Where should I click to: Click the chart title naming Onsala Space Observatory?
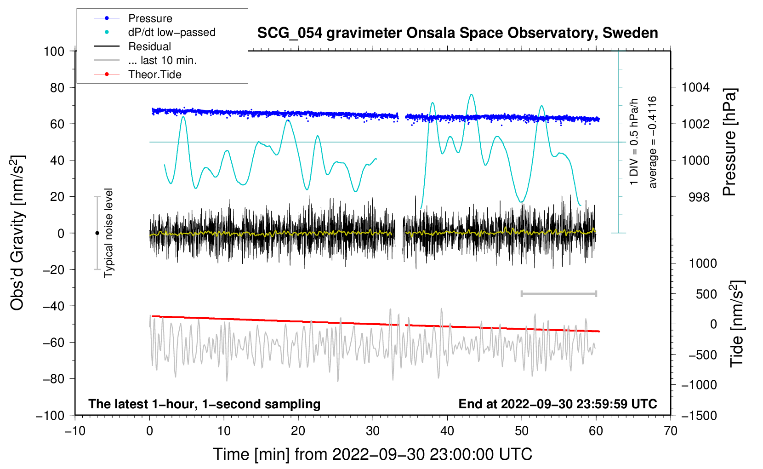point(457,33)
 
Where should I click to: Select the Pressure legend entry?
point(150,18)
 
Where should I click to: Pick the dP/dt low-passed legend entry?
point(171,32)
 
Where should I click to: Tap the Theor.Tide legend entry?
point(154,74)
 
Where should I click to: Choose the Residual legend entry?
point(149,46)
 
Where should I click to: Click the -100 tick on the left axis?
point(51,415)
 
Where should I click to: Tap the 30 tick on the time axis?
point(373,431)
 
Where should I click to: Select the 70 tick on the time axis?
point(671,431)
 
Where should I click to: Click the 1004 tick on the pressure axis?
point(695,87)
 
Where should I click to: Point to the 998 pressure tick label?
point(699,197)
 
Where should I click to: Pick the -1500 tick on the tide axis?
point(699,415)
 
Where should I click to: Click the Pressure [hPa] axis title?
point(729,142)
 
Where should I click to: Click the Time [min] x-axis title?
point(372,454)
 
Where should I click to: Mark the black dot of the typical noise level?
point(97,233)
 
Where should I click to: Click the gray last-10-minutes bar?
point(558,293)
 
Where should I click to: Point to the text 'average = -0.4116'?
point(652,142)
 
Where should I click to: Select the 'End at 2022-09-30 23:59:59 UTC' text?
point(558,404)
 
